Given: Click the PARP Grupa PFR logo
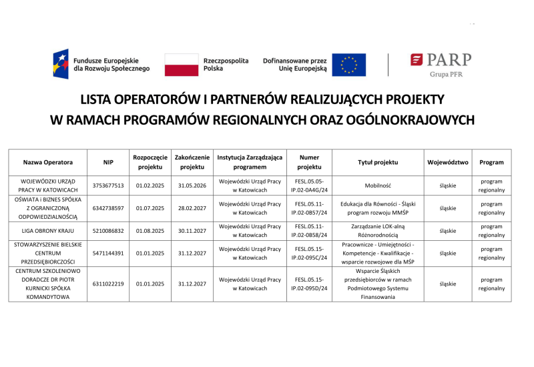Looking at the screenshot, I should click(441, 65).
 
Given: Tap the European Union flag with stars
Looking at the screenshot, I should click(348, 65).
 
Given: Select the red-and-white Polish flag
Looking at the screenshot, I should click(182, 65).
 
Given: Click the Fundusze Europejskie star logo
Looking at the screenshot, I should click(61, 64).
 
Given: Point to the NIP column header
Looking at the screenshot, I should click(108, 162).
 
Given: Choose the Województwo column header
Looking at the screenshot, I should click(448, 162).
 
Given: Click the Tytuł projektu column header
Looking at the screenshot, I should click(378, 162).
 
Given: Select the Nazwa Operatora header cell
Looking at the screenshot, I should click(48, 162).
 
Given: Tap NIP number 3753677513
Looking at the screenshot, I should click(108, 186).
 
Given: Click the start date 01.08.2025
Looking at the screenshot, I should click(150, 231).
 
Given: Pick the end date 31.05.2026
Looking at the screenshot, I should click(192, 186).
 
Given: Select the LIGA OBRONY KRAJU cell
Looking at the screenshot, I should click(48, 231).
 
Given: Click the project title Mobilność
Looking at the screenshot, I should click(378, 186).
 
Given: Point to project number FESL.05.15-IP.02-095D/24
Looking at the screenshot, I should click(309, 284).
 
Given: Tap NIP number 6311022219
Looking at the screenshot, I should click(108, 284).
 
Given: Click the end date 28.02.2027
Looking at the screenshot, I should click(192, 208).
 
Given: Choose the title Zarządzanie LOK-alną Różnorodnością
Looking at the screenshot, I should click(378, 231).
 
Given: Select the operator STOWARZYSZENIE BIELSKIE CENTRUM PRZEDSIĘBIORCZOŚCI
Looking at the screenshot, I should click(48, 254).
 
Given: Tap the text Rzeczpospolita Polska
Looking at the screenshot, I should click(226, 65).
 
